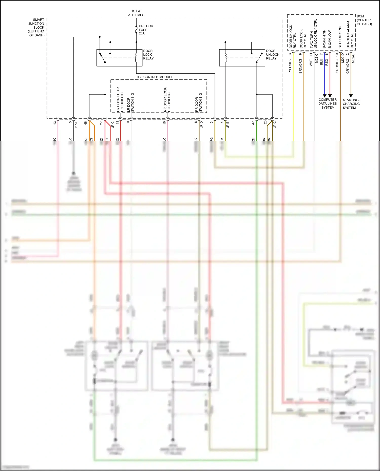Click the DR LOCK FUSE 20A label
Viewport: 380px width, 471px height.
coord(146,30)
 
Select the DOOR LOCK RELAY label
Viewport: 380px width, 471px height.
coord(148,55)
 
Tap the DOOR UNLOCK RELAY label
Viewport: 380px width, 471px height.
coord(273,55)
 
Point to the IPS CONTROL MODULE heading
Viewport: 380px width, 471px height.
coord(155,77)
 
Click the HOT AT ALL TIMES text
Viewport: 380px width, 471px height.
coord(136,13)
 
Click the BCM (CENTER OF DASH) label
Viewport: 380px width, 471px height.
coord(364,20)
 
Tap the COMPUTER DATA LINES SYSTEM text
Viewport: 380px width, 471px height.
coord(328,104)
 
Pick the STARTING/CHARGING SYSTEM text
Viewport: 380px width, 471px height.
coord(351,104)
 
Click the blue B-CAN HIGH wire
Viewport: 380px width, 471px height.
coord(325,76)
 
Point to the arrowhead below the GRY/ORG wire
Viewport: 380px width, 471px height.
coord(351,96)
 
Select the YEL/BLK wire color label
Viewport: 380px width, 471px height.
coord(290,66)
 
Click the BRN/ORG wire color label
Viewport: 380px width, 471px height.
coord(300,66)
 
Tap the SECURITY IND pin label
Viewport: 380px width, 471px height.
coord(340,37)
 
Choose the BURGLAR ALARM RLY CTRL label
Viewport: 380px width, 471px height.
coord(350,35)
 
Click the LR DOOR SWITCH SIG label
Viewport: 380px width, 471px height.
coord(130,103)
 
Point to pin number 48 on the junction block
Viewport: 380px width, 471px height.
coord(86,123)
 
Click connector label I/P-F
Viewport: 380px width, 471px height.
coord(76,124)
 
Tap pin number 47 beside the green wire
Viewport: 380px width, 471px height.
coord(253,123)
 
